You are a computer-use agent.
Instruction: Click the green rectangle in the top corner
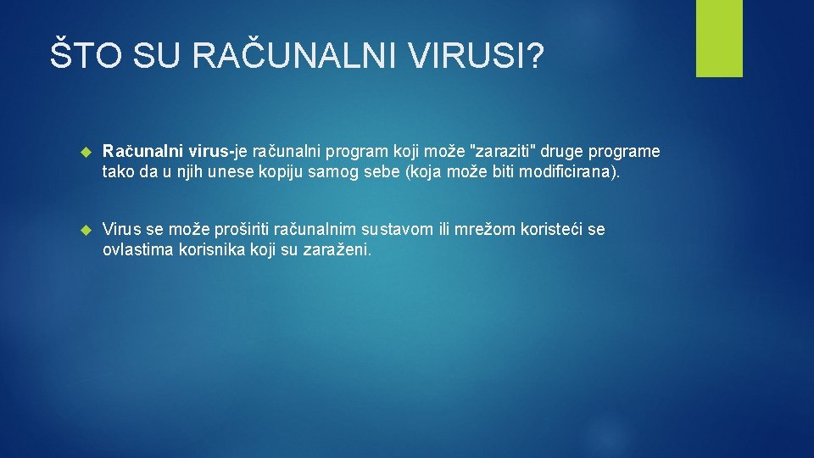click(719, 38)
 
